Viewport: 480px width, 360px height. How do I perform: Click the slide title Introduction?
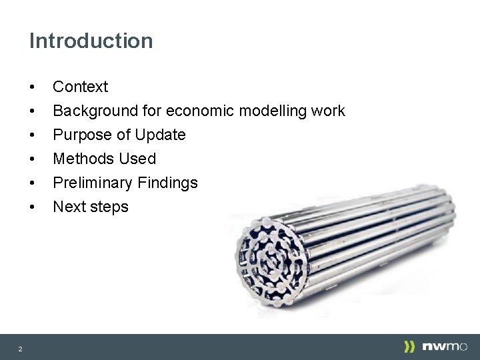(x=91, y=41)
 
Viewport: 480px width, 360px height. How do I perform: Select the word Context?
(x=80, y=87)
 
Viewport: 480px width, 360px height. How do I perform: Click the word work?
(x=327, y=111)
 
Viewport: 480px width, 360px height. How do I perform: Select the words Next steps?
(x=91, y=207)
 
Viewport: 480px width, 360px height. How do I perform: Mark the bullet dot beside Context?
(x=32, y=87)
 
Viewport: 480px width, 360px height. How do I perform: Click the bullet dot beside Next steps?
(x=32, y=207)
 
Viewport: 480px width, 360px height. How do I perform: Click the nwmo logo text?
(x=445, y=347)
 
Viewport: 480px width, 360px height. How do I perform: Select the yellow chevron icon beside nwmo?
(x=409, y=347)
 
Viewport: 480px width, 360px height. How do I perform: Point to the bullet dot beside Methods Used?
(x=32, y=159)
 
